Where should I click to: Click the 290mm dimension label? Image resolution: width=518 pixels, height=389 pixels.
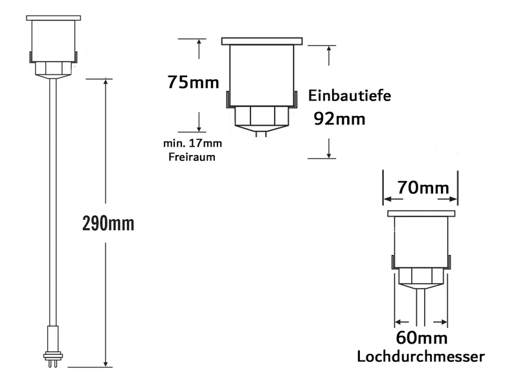108,224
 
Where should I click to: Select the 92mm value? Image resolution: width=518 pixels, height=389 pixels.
339,119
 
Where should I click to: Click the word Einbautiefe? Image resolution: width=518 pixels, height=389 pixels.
350,95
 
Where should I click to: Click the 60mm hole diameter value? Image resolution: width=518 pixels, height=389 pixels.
422,338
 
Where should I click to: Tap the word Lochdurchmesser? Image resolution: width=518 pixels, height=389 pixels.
422,356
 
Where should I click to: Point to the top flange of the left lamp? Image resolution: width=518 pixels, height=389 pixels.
53,18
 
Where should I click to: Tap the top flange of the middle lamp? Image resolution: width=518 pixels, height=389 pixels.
262,41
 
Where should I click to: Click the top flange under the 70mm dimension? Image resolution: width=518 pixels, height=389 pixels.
421,213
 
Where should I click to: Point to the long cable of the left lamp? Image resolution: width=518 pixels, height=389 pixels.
52,194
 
